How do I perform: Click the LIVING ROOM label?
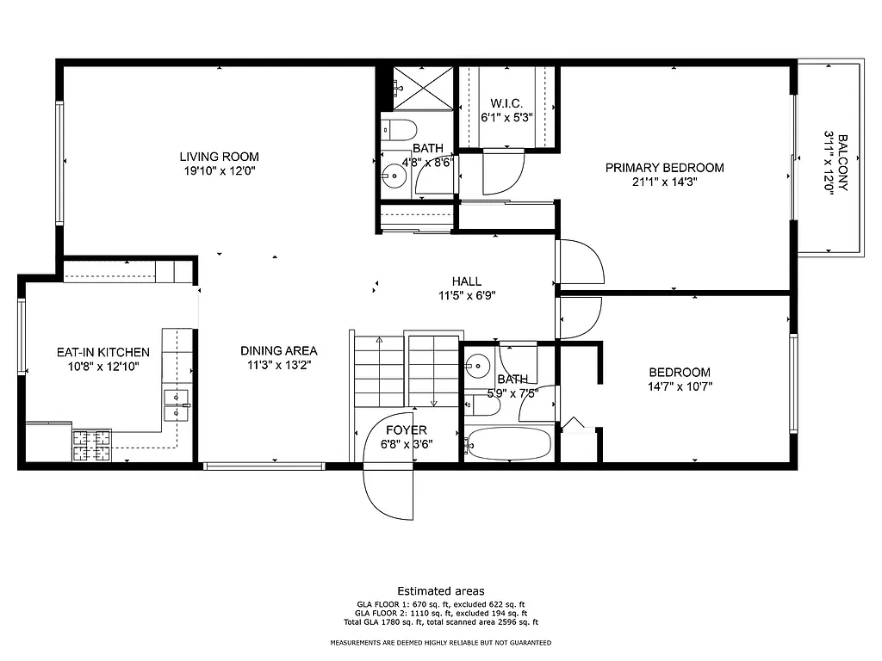(x=219, y=157)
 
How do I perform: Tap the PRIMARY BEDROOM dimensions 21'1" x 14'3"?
(x=664, y=182)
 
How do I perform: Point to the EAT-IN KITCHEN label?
(x=102, y=352)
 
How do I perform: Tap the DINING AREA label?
(x=278, y=350)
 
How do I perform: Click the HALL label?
(x=467, y=281)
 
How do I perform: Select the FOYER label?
(x=406, y=430)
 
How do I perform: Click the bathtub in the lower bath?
(x=507, y=445)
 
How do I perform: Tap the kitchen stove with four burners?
(x=91, y=444)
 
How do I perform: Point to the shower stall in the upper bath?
(x=423, y=89)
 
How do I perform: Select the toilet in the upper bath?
(x=400, y=130)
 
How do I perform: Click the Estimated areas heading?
(x=440, y=590)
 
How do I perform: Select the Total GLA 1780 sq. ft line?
(x=440, y=622)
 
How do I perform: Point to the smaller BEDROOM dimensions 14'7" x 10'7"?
(x=680, y=386)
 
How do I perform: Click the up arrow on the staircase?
(x=379, y=342)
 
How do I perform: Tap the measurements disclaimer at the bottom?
(x=440, y=643)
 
